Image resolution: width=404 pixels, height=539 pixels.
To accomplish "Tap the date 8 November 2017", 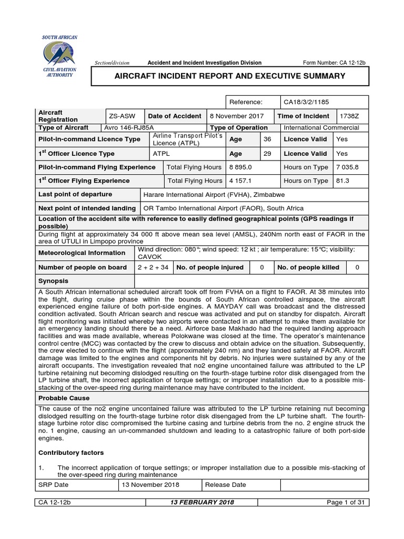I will point(235,116).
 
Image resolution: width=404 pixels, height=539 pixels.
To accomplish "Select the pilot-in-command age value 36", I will point(267,139).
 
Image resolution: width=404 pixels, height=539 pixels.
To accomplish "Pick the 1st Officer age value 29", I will point(267,154).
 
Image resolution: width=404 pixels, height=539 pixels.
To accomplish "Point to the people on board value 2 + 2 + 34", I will point(153,267).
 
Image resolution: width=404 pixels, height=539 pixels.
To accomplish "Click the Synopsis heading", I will point(53,281).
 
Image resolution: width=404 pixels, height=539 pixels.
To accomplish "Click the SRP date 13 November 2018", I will point(150,484).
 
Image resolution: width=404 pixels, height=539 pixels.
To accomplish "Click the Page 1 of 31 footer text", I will point(346,503).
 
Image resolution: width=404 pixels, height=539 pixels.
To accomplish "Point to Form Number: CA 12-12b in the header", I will point(334,63).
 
